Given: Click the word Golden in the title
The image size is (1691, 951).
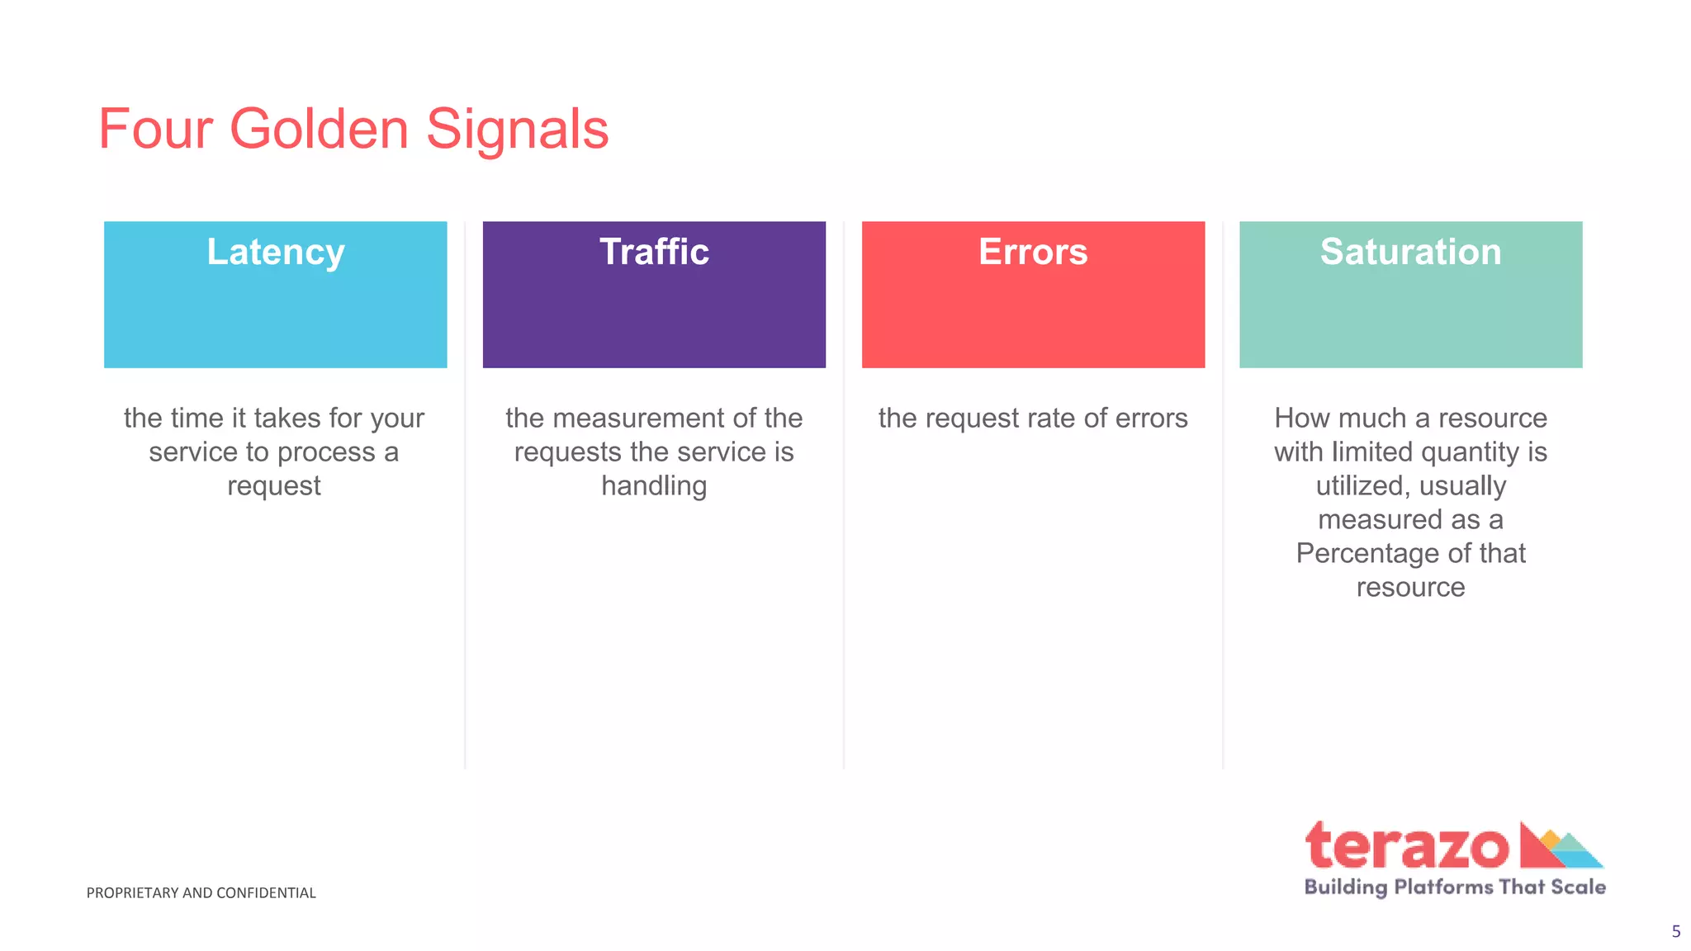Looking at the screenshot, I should pyautogui.click(x=319, y=130).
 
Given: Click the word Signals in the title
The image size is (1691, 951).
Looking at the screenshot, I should pyautogui.click(x=517, y=130).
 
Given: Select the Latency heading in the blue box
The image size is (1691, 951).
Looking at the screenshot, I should pyautogui.click(x=276, y=252).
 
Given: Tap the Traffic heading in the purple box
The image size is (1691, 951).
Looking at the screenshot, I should pyautogui.click(x=654, y=252).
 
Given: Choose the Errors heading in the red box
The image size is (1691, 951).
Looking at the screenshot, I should pyautogui.click(x=1033, y=252).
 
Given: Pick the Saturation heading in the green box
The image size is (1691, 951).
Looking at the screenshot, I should pyautogui.click(x=1410, y=252).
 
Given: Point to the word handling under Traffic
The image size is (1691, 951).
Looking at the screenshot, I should pyautogui.click(x=654, y=485).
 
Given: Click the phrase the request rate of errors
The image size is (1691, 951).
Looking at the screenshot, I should pyautogui.click(x=1033, y=419).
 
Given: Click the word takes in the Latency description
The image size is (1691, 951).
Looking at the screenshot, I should pyautogui.click(x=287, y=419).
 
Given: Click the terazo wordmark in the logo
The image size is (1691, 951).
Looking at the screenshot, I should pyautogui.click(x=1407, y=847).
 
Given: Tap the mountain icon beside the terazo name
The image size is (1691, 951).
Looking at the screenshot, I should pyautogui.click(x=1561, y=847).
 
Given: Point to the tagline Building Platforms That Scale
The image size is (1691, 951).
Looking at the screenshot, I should pyautogui.click(x=1455, y=887).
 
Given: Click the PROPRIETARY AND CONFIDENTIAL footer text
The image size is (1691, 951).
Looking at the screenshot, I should pyautogui.click(x=201, y=893).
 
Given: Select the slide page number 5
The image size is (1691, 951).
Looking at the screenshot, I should pyautogui.click(x=1675, y=932).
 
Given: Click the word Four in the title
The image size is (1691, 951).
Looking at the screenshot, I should pyautogui.click(x=155, y=130).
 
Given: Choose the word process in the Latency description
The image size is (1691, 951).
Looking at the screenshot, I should pyautogui.click(x=326, y=452).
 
